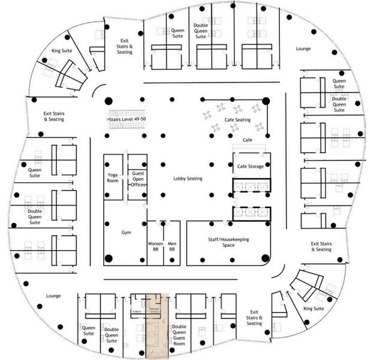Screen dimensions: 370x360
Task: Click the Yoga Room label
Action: coord(112,177)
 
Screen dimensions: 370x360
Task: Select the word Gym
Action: coord(127,232)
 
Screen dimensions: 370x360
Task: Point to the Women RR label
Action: coord(155,246)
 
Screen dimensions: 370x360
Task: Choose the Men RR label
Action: coord(172,246)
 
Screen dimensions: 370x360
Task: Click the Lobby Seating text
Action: coord(188,178)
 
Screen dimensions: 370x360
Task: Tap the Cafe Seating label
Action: coord(237,120)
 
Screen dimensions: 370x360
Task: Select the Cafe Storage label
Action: coord(250,166)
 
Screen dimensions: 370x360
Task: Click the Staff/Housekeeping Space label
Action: coord(228,243)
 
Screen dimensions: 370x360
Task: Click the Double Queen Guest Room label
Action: coord(180,332)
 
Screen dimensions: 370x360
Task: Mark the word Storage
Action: coord(256,166)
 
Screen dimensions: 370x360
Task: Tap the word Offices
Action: coord(138,185)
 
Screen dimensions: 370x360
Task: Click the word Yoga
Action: coord(112,174)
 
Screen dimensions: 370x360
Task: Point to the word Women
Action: coord(155,243)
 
